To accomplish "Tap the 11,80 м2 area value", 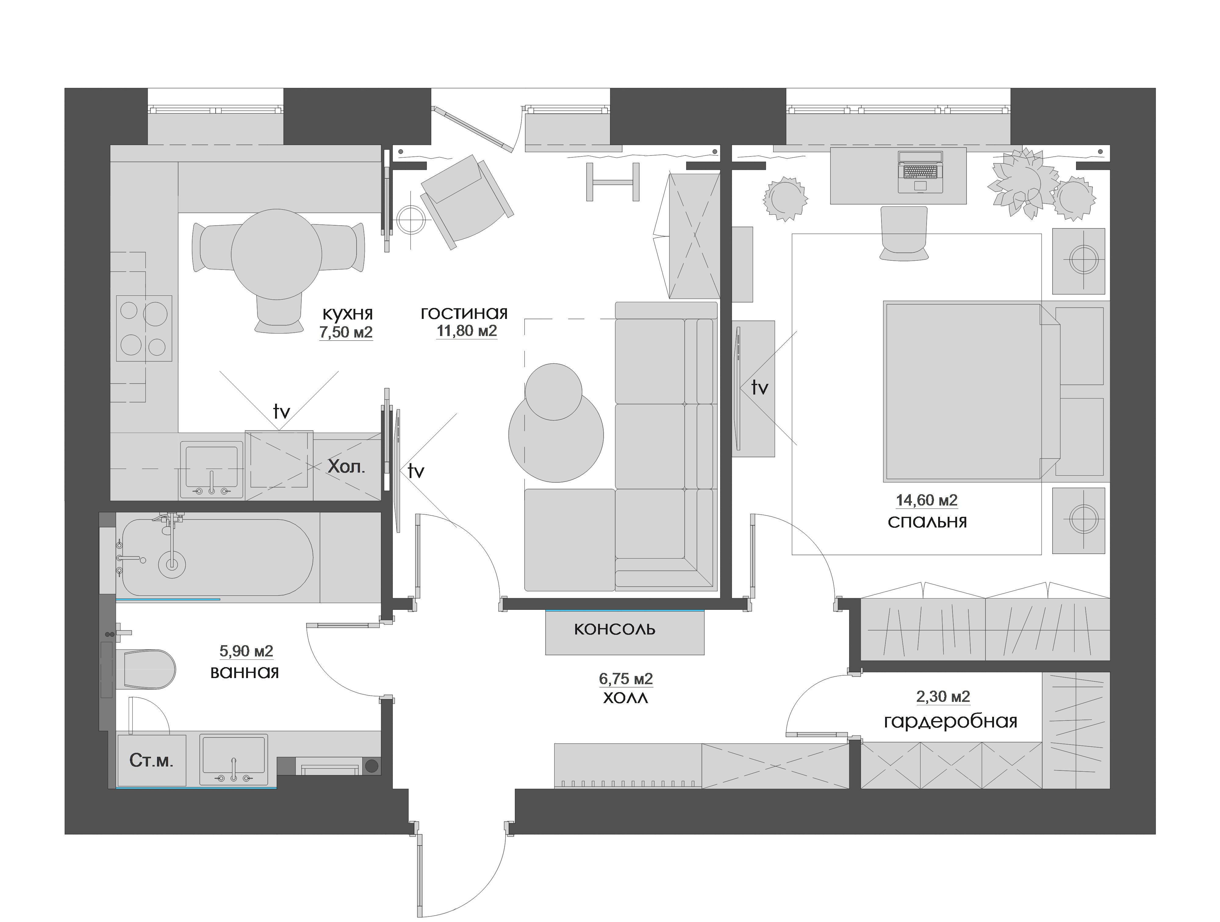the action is tap(467, 331).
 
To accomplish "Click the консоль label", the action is tap(614, 629).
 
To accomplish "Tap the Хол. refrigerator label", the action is tap(346, 467).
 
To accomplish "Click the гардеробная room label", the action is tap(950, 722).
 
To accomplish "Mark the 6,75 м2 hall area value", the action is tap(626, 678).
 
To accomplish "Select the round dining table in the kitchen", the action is tap(276, 254).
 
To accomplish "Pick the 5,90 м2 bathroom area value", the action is tap(246, 651).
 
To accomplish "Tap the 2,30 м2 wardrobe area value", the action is tap(943, 697).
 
